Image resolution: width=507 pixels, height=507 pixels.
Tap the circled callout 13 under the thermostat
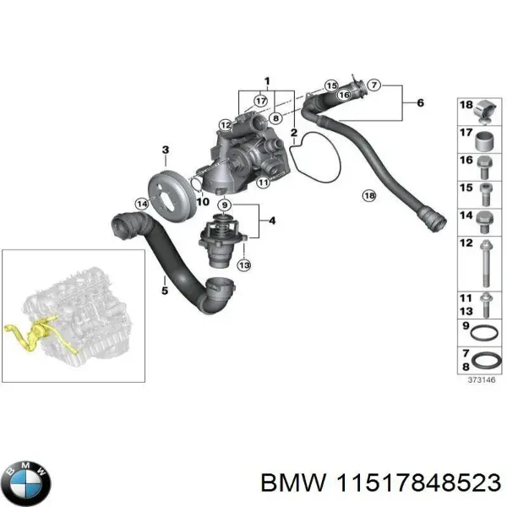(244, 266)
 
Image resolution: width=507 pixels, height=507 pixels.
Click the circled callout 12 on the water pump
(225, 125)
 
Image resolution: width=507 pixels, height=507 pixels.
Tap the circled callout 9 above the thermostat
(224, 205)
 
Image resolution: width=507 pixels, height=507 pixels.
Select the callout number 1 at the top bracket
(267, 82)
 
